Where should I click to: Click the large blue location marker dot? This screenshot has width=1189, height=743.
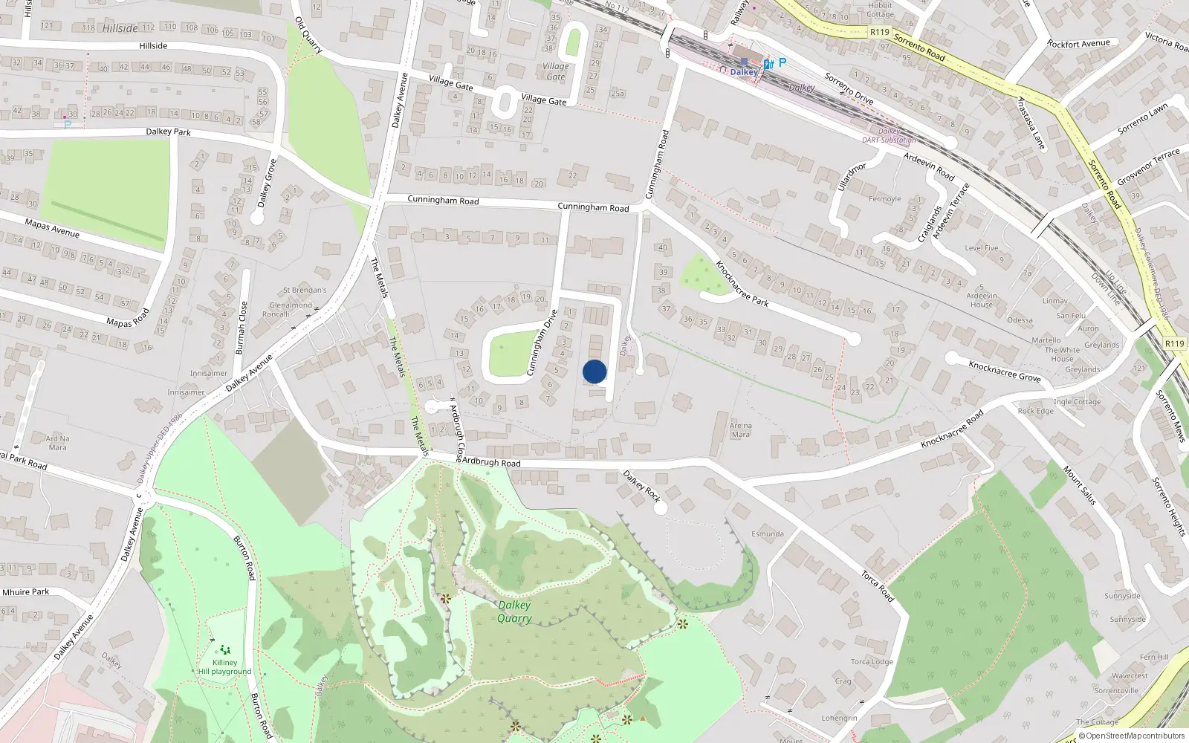click(x=594, y=371)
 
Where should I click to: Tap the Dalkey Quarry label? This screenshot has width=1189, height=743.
click(x=514, y=611)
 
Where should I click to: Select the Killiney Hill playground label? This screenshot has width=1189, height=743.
click(x=224, y=667)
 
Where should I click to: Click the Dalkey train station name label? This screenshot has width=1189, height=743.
click(x=744, y=72)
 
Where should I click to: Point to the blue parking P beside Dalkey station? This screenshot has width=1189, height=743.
click(x=782, y=63)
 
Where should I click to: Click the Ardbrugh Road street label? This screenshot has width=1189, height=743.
click(x=491, y=462)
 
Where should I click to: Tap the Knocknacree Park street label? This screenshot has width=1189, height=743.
click(x=742, y=283)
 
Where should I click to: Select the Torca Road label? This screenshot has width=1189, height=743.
click(x=878, y=585)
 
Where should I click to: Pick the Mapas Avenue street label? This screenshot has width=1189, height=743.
click(x=52, y=227)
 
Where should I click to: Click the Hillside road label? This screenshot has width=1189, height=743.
click(x=153, y=46)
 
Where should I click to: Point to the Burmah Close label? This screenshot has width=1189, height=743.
click(x=241, y=328)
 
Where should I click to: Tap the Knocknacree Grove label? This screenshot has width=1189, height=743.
click(x=1004, y=371)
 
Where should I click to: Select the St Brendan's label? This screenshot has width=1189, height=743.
click(x=305, y=290)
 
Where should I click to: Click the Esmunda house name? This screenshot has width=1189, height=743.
click(x=768, y=533)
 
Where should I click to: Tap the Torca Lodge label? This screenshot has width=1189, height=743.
click(x=872, y=661)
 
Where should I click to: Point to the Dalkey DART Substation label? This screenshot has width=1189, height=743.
click(x=889, y=135)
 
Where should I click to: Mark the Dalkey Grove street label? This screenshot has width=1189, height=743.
click(x=267, y=183)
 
